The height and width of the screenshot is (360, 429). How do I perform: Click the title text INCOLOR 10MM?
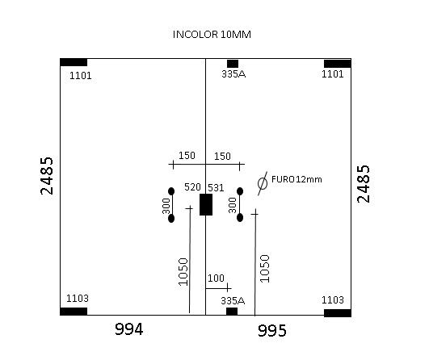[x=212, y=35]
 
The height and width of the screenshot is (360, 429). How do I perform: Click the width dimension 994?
[x=129, y=329]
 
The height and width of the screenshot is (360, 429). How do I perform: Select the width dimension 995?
[x=272, y=330]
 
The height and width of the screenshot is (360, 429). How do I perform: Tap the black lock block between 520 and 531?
[x=206, y=204]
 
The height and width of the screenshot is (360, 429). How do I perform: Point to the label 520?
[x=192, y=187]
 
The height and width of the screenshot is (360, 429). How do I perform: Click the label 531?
[x=216, y=188]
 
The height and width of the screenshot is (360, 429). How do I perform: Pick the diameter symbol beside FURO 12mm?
[x=263, y=183]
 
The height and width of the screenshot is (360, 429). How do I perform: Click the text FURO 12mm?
[x=297, y=179]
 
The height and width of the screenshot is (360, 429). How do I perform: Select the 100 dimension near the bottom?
[x=216, y=278]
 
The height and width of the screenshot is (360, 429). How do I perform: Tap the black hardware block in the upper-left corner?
[x=74, y=62]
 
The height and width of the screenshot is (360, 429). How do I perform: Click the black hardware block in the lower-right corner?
[x=338, y=313]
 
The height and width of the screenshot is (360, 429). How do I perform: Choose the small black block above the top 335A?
[x=233, y=64]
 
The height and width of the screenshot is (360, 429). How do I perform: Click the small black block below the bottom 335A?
[x=232, y=312]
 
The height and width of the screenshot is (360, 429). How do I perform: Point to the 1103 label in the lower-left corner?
[x=78, y=298]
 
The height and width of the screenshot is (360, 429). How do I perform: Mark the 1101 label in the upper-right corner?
[x=332, y=74]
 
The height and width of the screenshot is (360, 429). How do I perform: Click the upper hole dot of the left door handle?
[x=171, y=191]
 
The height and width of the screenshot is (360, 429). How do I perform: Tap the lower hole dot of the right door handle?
[x=240, y=218]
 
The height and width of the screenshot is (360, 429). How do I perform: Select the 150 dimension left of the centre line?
[x=187, y=156]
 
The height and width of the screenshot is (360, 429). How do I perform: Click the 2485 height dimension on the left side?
[x=47, y=176]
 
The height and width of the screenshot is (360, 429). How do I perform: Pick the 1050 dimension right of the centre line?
[x=264, y=269]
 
